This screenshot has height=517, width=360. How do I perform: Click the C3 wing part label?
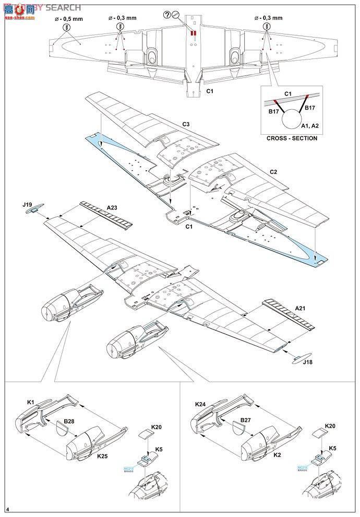[x=186, y=124]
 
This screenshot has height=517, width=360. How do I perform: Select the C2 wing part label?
[x=273, y=171]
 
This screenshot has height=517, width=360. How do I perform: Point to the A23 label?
[x=112, y=207]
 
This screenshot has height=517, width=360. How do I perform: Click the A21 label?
[x=301, y=308]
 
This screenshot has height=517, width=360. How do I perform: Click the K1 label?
[x=31, y=402]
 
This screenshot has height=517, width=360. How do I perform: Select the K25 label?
[x=102, y=456]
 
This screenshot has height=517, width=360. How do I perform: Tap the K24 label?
[x=200, y=403]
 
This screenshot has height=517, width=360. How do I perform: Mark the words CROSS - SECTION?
[x=292, y=138]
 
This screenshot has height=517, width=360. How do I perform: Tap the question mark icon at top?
[x=182, y=15]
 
